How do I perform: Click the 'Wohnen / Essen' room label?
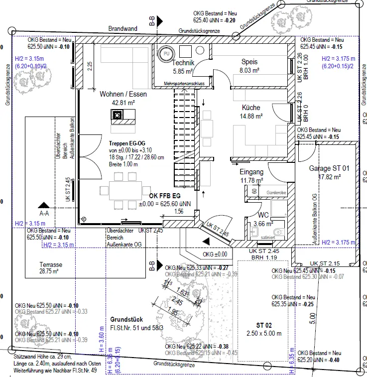click(124, 94)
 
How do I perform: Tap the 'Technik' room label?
click(183, 63)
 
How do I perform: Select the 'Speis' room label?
click(249, 62)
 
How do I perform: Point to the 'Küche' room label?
click(251, 108)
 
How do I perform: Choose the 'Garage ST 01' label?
click(329, 168)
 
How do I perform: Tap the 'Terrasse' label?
click(51, 265)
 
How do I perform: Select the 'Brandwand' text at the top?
click(123, 29)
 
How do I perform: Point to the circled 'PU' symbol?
click(166, 53)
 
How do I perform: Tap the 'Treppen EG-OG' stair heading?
click(127, 142)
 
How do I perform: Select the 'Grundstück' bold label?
click(126, 319)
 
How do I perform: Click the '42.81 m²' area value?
click(124, 103)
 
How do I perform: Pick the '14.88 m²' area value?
click(251, 117)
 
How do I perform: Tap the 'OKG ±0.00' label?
click(215, 254)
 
